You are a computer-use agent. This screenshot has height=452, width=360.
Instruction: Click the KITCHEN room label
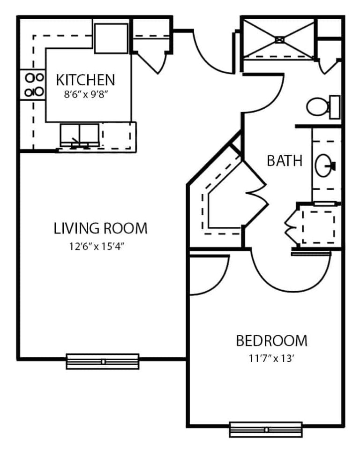coord(85,80)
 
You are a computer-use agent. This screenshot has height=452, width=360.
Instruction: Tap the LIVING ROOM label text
coord(101,228)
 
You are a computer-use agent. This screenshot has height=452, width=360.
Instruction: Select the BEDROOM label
coord(271,340)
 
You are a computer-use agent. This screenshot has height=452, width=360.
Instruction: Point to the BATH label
coord(285,160)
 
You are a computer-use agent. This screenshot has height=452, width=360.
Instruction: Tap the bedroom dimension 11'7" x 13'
coord(271,359)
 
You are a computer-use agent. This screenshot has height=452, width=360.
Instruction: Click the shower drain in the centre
coord(279,39)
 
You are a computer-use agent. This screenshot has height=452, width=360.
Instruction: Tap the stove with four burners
coord(33,85)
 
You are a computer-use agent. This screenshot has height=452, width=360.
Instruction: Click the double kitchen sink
coord(80,135)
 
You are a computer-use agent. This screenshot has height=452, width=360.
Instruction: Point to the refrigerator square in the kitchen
coord(111,38)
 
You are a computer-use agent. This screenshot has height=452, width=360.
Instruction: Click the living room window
coord(103,362)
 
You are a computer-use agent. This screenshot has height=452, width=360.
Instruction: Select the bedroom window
coord(266,429)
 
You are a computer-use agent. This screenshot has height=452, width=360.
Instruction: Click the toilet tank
coord(334,107)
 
